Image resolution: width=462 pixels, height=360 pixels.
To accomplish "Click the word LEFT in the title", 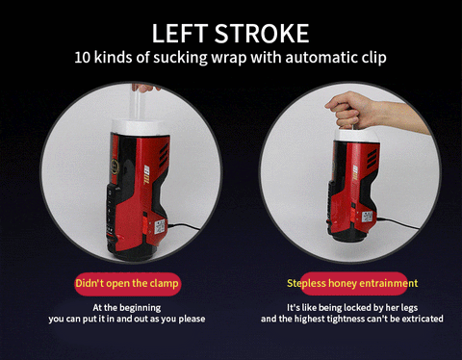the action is (x=179, y=33).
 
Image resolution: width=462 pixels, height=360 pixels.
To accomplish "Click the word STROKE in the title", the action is (x=262, y=33).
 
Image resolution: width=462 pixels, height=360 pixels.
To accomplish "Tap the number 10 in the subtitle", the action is (x=81, y=58).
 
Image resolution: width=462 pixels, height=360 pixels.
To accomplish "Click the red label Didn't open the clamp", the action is (x=127, y=284).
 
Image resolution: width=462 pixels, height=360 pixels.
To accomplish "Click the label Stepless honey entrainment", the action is (x=352, y=283).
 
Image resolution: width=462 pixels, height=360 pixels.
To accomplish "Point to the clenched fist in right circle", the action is (x=344, y=111).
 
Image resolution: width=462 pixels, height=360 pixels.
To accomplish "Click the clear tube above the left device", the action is (x=137, y=103).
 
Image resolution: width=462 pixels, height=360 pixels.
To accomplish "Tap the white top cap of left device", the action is (x=139, y=126).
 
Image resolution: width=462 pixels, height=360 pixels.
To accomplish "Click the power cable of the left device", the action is (x=184, y=226).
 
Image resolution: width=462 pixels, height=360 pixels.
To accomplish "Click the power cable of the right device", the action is (x=398, y=222).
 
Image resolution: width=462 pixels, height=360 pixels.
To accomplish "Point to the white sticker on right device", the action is (x=367, y=218).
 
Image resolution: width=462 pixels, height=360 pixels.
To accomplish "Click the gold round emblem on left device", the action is (x=115, y=167).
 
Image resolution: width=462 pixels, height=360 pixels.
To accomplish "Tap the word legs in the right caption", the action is (x=409, y=308).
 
